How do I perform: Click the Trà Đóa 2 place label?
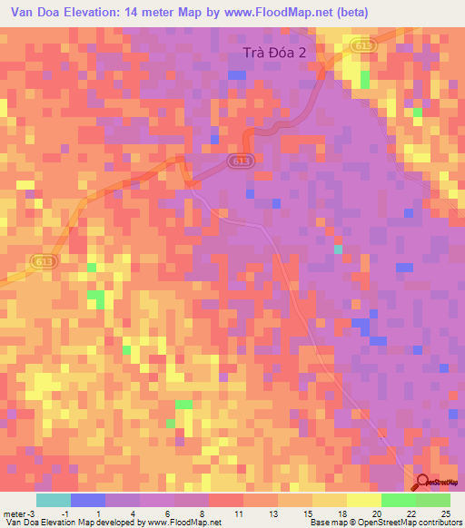pyautogui.click(x=282, y=54)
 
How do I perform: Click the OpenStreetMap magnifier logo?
pyautogui.click(x=422, y=484)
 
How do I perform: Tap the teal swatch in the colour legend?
pyautogui.click(x=54, y=500)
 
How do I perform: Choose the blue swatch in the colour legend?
pyautogui.click(x=88, y=500)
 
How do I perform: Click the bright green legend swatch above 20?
pyautogui.click(x=398, y=500)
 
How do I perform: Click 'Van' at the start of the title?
pyautogui.click(x=23, y=14)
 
